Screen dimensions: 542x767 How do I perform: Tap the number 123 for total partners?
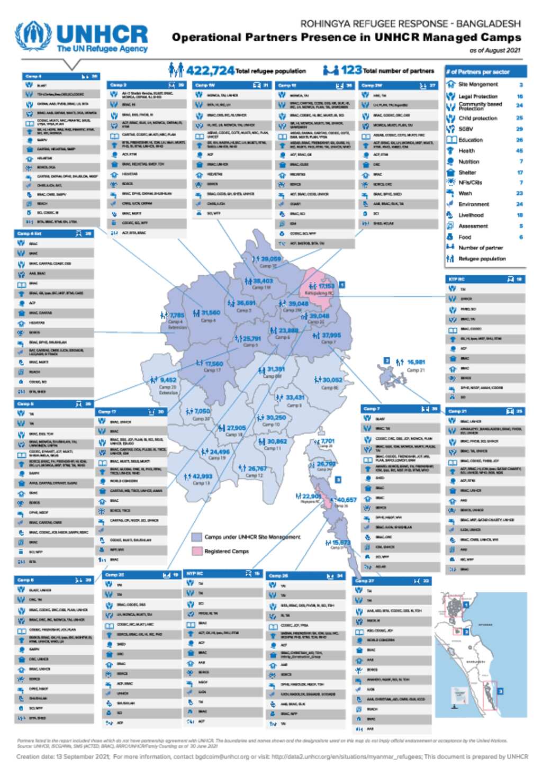pyautogui.click(x=351, y=70)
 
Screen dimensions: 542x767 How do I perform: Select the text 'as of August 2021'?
pyautogui.click(x=494, y=50)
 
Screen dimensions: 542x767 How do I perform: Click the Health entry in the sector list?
pyautogui.click(x=466, y=151)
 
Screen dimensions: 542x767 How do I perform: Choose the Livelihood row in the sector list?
pyautogui.click(x=471, y=215)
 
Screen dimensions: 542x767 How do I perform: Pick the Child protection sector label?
pyautogui.click(x=477, y=118)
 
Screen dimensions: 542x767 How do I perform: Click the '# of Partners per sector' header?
pyautogui.click(x=477, y=71)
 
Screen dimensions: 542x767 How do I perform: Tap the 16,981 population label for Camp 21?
pyautogui.click(x=416, y=362)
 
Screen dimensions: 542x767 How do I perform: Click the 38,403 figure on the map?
pyautogui.click(x=263, y=281)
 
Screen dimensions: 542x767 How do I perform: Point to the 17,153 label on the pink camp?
pyautogui.click(x=326, y=286)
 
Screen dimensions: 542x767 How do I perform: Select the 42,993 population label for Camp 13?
pyautogui.click(x=202, y=476)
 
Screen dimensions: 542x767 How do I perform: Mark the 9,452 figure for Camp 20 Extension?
pyautogui.click(x=168, y=380)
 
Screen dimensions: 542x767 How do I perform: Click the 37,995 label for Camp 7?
pyautogui.click(x=331, y=335)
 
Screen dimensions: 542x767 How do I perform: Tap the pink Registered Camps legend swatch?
pyautogui.click(x=196, y=551)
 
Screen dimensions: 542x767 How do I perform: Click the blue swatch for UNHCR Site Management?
pyautogui.click(x=196, y=537)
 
